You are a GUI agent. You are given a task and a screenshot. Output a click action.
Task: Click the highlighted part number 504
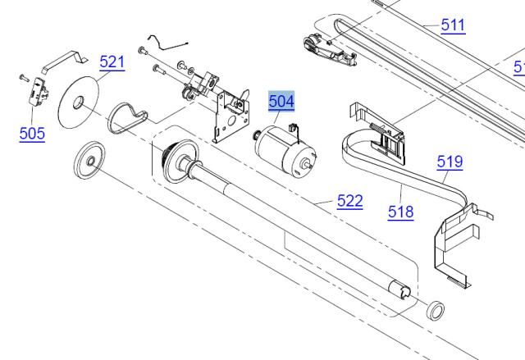tap(281, 101)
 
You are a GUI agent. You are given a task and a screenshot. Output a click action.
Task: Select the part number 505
tap(32, 134)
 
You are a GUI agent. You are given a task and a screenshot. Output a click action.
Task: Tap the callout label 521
tap(112, 62)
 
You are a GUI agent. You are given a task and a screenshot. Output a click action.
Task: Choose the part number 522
tap(350, 201)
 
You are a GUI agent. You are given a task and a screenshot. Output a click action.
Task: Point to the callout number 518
tap(401, 212)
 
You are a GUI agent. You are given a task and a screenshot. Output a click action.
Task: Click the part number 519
tap(450, 162)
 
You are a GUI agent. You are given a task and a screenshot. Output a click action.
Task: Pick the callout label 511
tap(453, 25)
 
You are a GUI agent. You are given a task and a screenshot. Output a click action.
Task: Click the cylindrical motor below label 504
tap(285, 151)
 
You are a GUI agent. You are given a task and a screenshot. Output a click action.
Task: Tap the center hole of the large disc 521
tap(79, 103)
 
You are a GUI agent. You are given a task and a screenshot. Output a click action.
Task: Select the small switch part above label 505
tap(39, 92)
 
